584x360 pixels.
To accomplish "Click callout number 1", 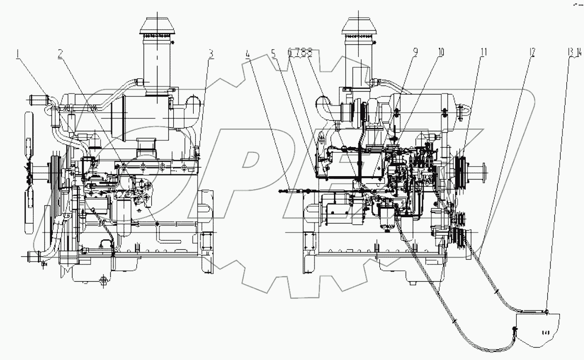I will click(x=18, y=54).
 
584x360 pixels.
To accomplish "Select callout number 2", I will click(x=61, y=54).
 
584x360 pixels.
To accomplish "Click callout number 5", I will click(x=274, y=54).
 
